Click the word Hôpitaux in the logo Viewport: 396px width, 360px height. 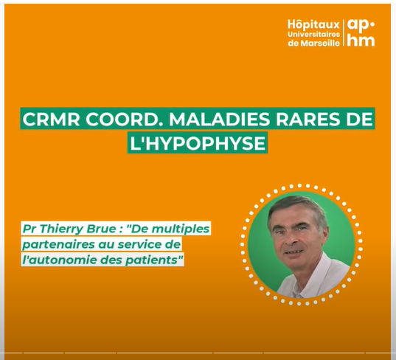click(313, 25)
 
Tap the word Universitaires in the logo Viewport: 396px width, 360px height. click(313, 35)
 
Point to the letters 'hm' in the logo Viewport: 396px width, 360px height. click(361, 41)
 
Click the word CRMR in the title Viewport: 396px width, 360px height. click(51, 119)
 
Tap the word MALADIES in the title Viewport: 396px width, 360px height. click(220, 119)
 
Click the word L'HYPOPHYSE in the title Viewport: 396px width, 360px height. click(198, 143)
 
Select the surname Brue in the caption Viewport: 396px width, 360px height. click(101, 229)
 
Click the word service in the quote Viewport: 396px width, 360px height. click(145, 244)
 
